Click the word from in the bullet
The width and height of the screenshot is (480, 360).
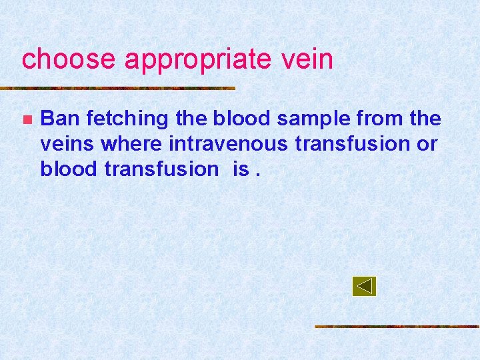[x=379, y=119]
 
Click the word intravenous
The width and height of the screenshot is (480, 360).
[x=225, y=144]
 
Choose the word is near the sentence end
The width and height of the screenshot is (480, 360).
[x=241, y=169]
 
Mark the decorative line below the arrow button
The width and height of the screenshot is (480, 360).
[x=397, y=327]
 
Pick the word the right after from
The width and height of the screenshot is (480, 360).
[x=425, y=119]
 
